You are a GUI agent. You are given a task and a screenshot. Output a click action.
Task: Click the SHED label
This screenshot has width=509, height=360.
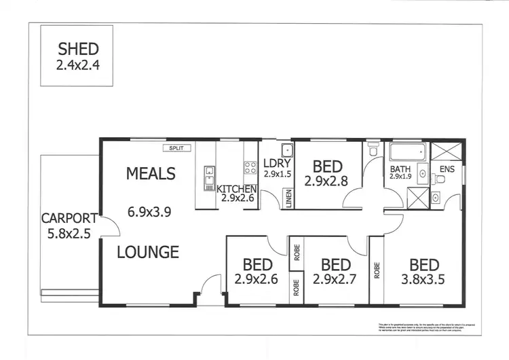coord(78,48)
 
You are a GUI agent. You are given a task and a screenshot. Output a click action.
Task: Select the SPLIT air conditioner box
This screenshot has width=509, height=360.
coord(177,147)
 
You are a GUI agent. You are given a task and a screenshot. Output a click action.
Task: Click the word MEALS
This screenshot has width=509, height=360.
coord(151,174)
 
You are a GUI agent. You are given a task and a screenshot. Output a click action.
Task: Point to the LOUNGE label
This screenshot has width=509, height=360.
coord(148,252)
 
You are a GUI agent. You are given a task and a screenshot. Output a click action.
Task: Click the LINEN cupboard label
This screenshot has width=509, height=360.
coord(288,200)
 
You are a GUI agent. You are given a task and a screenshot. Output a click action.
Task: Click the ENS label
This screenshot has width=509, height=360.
coord(447,168)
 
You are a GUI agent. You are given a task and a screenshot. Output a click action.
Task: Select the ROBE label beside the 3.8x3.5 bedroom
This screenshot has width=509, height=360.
coord(376,271)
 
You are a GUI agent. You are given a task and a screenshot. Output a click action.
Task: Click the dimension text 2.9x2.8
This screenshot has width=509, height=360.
coord(326,181)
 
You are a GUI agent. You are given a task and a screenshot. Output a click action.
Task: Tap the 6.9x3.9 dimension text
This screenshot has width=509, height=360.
coord(149,211)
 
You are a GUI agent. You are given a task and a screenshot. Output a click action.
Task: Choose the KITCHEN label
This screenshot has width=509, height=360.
coord(236,189)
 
